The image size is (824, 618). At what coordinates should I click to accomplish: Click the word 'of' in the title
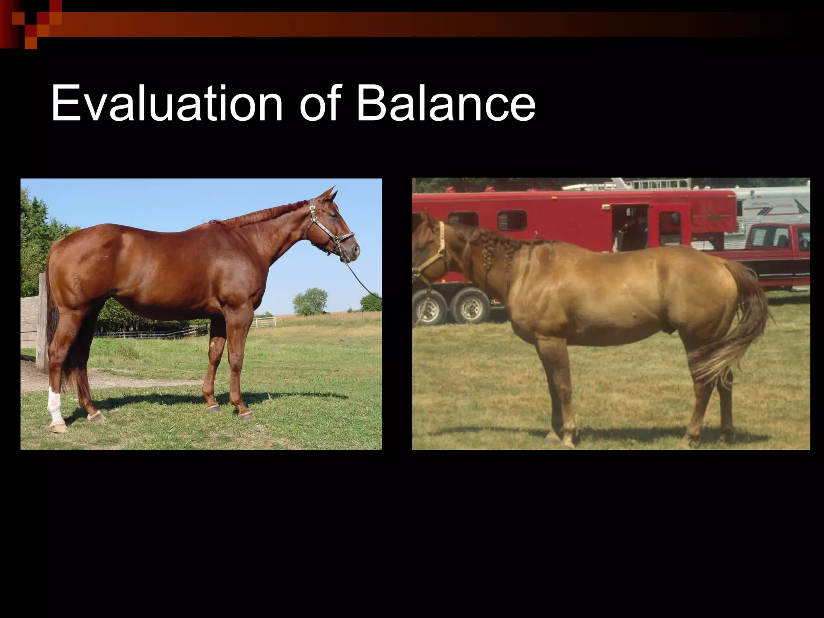pyautogui.click(x=320, y=104)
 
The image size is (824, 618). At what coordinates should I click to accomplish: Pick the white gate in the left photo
pyautogui.click(x=265, y=321)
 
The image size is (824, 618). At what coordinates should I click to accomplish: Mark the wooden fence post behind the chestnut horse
pyautogui.click(x=41, y=322)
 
